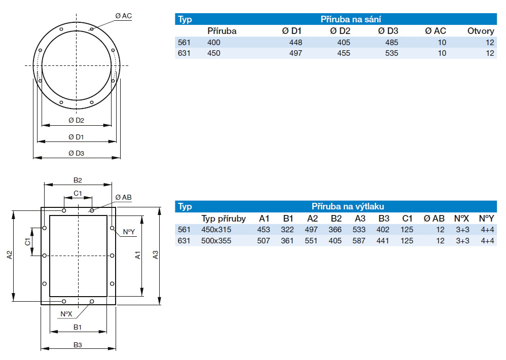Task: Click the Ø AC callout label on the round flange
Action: [123, 16]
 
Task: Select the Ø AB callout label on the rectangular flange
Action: [123, 197]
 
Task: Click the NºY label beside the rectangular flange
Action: [129, 232]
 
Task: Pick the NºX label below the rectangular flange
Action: [66, 314]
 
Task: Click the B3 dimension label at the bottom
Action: [78, 344]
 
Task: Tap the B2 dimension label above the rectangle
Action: [78, 180]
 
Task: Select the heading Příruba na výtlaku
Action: [347, 206]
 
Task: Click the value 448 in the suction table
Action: [295, 42]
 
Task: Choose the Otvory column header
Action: [480, 31]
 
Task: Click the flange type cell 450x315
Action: [216, 230]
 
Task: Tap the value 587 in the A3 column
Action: [359, 240]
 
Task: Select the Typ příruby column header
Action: [224, 219]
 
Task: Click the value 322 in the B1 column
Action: [287, 230]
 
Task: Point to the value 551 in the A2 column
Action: [312, 240]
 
